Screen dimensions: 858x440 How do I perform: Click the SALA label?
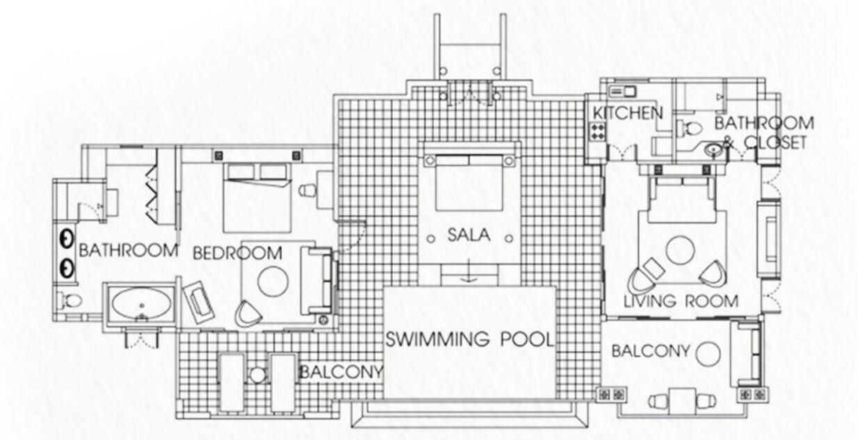tap(469, 235)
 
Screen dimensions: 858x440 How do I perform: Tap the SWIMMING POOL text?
tap(470, 339)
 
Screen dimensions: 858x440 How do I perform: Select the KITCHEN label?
tap(628, 113)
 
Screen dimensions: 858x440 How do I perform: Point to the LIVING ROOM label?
tap(681, 301)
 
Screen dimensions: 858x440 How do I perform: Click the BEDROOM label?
tap(237, 253)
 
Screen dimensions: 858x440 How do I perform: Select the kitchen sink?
tap(622, 92)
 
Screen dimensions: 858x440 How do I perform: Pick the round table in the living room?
tap(681, 250)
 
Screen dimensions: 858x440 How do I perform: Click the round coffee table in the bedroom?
tap(273, 282)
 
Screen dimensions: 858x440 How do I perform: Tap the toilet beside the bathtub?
tap(72, 301)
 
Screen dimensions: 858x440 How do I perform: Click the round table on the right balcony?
tap(708, 354)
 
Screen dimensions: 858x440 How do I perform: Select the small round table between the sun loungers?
tap(257, 375)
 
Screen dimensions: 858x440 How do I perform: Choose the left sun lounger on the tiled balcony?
tap(232, 382)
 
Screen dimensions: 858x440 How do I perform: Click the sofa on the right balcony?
tap(746, 354)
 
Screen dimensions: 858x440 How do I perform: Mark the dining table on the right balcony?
tap(683, 401)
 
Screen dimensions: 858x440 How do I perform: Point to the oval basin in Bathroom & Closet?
tap(713, 149)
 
